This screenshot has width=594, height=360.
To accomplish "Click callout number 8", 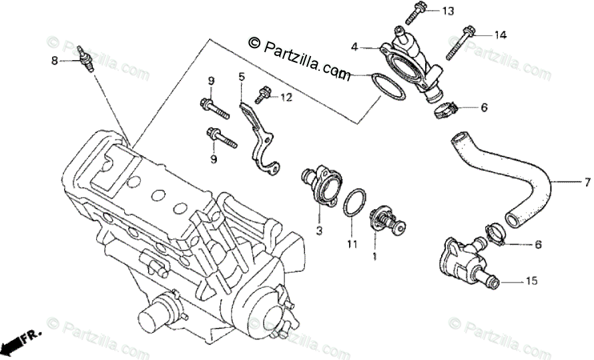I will coord(55,61).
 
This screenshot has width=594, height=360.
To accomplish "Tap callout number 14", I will coord(501,34).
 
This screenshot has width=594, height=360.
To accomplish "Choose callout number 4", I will coord(355,47).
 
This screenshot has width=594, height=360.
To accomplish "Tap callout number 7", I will coord(588,181).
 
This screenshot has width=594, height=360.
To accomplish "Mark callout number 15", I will coord(531,282).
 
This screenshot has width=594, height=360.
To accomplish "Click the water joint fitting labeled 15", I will coord(464,261).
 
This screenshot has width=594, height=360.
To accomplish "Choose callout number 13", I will coord(447,11).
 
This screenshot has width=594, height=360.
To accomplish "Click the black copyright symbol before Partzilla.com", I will coord(254,43).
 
